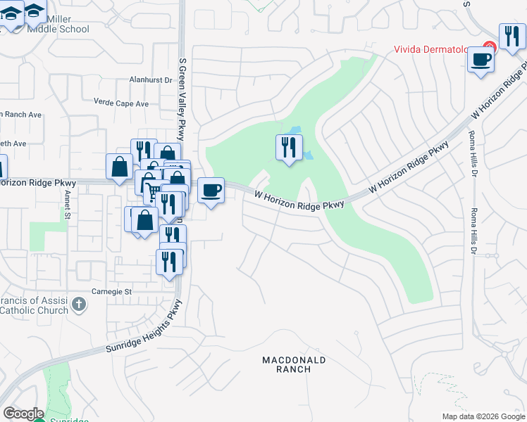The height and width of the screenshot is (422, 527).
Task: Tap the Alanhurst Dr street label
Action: coord(150,80)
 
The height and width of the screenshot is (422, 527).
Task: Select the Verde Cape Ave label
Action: coord(121,103)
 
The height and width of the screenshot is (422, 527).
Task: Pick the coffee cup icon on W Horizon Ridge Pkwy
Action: coord(211,190)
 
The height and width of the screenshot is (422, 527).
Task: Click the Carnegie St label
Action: coord(112,291)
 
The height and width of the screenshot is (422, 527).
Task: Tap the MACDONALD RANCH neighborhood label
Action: coord(294,364)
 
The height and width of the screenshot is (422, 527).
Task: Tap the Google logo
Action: coord(23,414)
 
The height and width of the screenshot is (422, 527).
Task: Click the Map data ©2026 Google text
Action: coord(483,416)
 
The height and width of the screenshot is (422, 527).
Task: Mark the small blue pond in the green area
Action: coord(295,131)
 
